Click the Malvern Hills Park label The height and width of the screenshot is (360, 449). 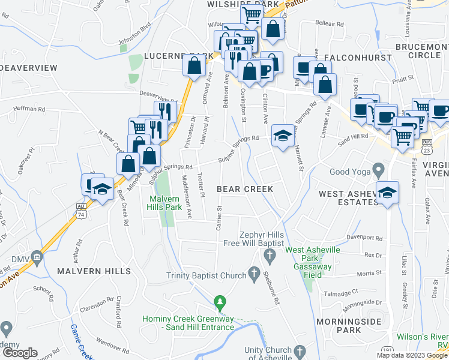[165, 203]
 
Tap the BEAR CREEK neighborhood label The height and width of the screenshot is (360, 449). [245, 189]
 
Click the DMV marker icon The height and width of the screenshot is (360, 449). [37, 257]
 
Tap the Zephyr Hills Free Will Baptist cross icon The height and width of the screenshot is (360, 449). [270, 256]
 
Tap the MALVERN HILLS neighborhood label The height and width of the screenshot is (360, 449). [94, 271]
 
